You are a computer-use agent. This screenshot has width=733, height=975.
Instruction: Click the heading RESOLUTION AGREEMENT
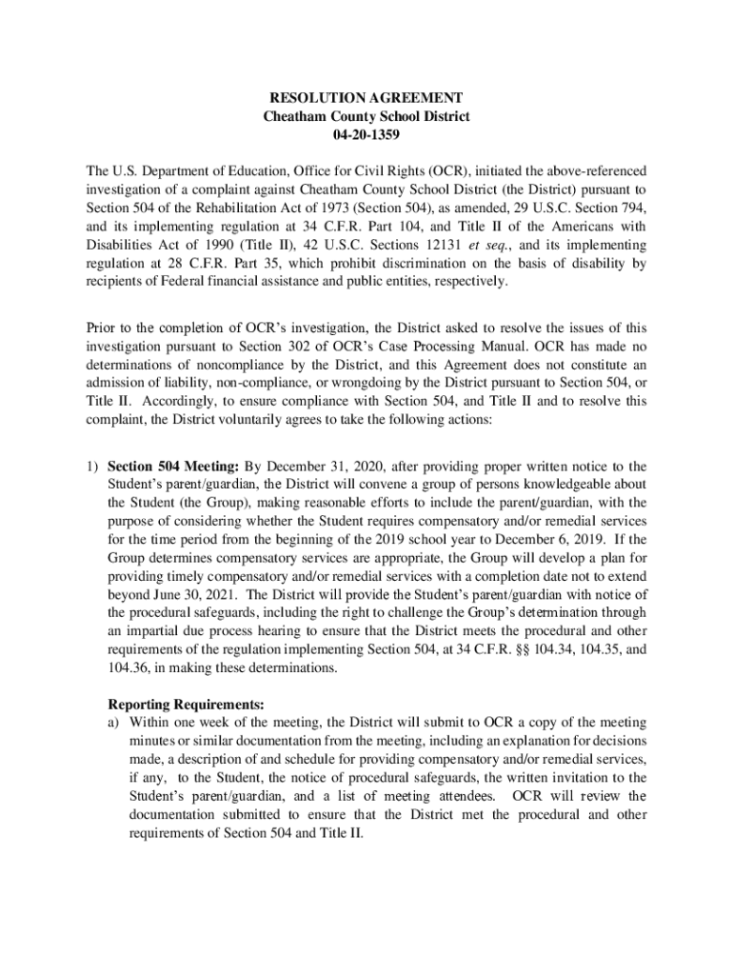pyautogui.click(x=366, y=98)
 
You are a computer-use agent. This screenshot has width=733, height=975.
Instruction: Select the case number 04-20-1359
pyautogui.click(x=366, y=134)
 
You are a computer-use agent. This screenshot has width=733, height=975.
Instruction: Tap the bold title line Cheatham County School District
pyautogui.click(x=366, y=116)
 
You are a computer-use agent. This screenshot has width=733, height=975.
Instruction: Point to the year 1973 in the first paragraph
pyautogui.click(x=347, y=209)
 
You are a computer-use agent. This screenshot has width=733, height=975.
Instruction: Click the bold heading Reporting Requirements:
pyautogui.click(x=186, y=705)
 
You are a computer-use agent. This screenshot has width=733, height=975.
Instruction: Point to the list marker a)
pyautogui.click(x=114, y=723)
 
